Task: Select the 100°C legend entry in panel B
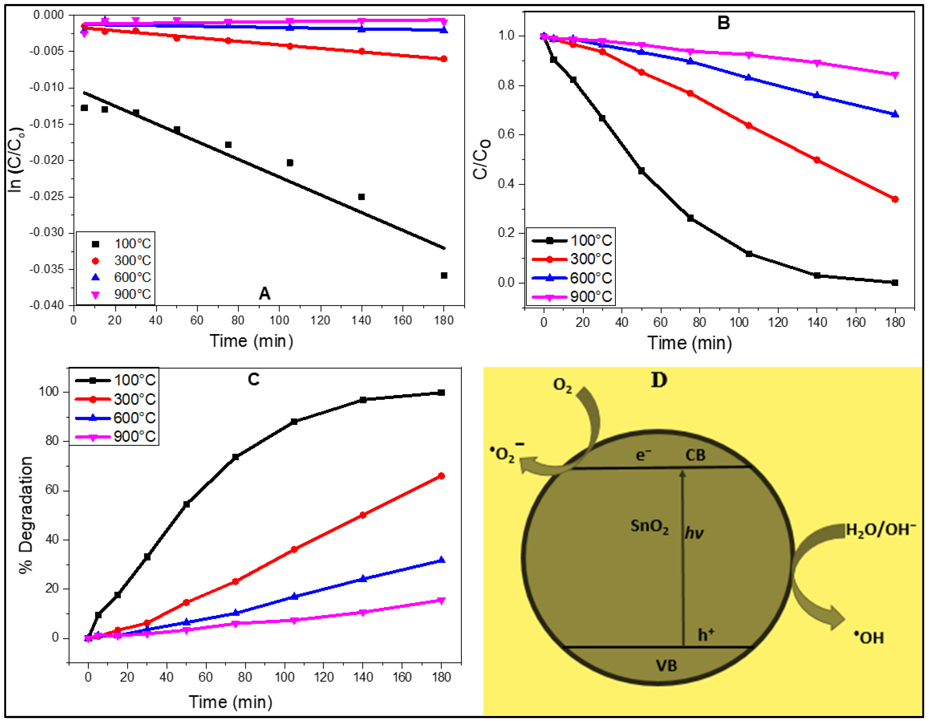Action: (572, 241)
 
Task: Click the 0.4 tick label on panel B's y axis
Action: (507, 184)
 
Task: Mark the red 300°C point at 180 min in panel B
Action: (895, 199)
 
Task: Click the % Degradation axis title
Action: (26, 515)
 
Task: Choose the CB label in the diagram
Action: (695, 456)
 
